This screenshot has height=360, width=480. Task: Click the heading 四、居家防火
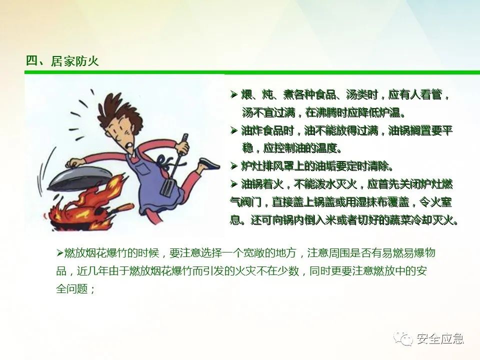click(62, 61)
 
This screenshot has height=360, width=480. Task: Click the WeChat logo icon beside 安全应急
click(403, 339)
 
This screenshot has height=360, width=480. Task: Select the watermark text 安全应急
click(440, 339)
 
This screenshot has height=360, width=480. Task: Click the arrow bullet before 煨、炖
click(234, 94)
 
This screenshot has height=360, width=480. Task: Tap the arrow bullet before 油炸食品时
click(234, 130)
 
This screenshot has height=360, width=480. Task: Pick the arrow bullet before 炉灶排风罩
click(234, 166)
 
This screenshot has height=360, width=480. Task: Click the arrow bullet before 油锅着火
click(234, 184)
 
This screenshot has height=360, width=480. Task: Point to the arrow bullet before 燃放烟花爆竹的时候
click(59, 253)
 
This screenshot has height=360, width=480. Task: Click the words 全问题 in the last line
click(72, 288)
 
